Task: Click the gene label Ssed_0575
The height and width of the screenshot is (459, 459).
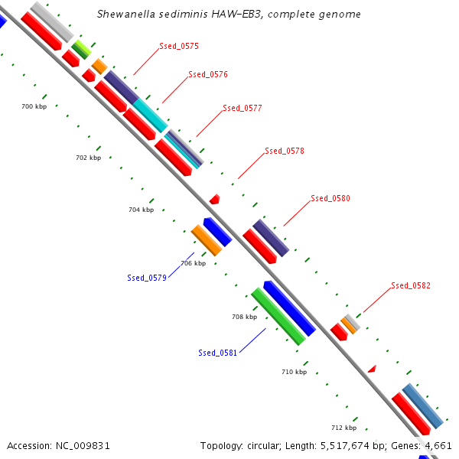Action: (179, 47)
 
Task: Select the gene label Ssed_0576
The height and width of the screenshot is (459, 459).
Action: (208, 75)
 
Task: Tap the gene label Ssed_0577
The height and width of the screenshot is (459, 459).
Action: (243, 109)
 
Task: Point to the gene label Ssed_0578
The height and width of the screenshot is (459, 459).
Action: (285, 151)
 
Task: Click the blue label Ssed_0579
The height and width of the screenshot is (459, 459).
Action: (147, 278)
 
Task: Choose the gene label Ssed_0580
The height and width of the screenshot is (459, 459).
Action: (330, 199)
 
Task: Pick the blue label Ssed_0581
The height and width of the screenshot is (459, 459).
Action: (218, 353)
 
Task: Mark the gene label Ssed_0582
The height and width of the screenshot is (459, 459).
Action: (411, 286)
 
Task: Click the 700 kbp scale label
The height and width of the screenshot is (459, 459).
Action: (34, 107)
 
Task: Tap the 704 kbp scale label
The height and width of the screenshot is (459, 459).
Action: (141, 210)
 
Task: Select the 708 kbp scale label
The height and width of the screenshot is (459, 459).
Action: (244, 316)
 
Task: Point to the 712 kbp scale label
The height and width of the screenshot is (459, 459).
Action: (343, 428)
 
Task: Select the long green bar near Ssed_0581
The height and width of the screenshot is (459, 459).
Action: (278, 317)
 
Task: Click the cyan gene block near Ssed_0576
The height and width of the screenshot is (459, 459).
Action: (151, 116)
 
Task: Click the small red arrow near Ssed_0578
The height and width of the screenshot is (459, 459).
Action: (215, 199)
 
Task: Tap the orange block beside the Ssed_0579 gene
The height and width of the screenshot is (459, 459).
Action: (207, 240)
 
